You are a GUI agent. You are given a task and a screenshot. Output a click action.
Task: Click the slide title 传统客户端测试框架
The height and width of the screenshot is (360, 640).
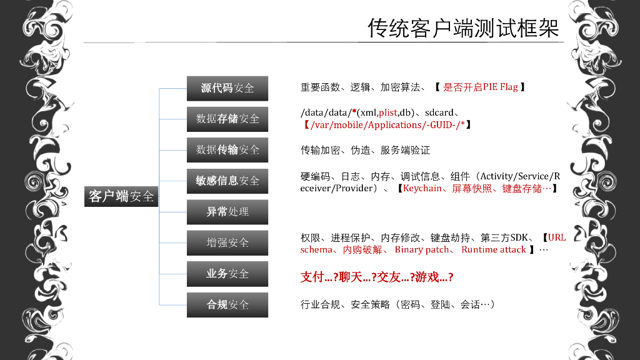[x=463, y=28]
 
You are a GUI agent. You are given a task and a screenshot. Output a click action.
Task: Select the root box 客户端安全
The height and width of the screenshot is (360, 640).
[x=121, y=196]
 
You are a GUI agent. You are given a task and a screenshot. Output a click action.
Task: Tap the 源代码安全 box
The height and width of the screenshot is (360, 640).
[x=227, y=88]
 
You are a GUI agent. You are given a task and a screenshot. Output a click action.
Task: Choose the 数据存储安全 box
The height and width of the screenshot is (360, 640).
[x=227, y=119]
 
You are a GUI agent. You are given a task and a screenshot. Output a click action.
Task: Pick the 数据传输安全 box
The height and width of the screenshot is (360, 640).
[x=227, y=150]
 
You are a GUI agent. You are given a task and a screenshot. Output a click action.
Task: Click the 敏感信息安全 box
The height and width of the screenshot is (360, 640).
[x=227, y=181]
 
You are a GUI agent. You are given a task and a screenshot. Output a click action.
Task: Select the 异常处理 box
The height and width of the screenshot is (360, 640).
[x=227, y=212]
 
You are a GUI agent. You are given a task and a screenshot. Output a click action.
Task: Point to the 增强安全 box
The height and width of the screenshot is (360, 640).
[x=227, y=242]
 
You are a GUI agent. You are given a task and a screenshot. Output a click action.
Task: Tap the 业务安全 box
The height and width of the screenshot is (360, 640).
[x=227, y=274]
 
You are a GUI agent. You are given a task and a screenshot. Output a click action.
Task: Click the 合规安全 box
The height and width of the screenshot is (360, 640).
[x=227, y=305]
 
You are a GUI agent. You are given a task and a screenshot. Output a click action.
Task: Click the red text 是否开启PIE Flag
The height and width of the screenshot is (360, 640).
[x=481, y=87]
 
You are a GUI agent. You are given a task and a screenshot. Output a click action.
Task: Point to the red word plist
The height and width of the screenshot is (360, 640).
[x=387, y=112]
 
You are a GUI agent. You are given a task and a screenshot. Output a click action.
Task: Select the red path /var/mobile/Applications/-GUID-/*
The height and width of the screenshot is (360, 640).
[x=384, y=125]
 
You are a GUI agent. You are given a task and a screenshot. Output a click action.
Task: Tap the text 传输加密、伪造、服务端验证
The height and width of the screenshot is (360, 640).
[x=366, y=150]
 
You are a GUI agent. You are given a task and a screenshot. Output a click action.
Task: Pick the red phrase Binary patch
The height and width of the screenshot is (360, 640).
[x=422, y=250]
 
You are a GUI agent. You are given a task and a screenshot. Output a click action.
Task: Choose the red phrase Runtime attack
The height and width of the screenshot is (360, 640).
[x=494, y=250]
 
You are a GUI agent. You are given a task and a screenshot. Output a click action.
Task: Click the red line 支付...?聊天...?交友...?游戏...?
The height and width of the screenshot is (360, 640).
[x=377, y=277]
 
